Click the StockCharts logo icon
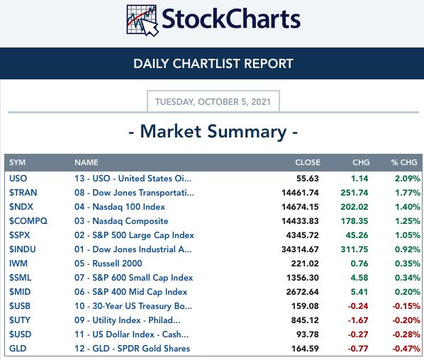click(x=143, y=21)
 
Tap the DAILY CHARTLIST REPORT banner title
click(x=213, y=64)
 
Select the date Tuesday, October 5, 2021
click(x=213, y=102)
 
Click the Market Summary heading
click(x=213, y=132)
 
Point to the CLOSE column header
click(x=308, y=162)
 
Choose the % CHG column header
click(x=404, y=162)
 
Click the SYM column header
click(x=17, y=162)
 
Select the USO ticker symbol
click(x=18, y=179)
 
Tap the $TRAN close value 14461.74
click(x=300, y=193)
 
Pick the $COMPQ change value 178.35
click(x=355, y=221)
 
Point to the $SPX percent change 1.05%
click(x=407, y=235)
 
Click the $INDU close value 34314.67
click(x=300, y=249)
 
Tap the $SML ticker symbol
click(x=20, y=278)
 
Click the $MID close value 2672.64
click(x=302, y=292)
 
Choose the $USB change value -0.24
click(x=358, y=306)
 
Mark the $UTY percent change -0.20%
click(x=406, y=320)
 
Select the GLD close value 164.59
click(x=305, y=349)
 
